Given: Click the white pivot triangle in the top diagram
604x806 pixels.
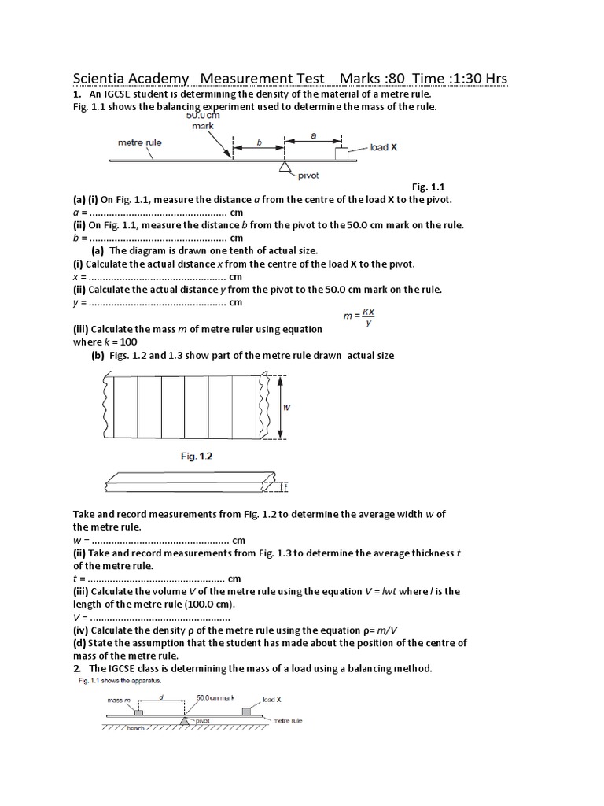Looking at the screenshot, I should point(284,166).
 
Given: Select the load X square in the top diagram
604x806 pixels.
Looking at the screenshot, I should point(342,153).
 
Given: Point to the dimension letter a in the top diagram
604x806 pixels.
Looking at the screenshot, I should point(314,135).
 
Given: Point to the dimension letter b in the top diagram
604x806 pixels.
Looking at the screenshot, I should point(259,143).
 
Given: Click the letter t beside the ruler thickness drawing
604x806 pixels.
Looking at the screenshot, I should point(286,488).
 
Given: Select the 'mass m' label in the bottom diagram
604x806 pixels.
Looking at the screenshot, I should point(119,698).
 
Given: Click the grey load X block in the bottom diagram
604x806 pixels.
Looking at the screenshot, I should point(247,712).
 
